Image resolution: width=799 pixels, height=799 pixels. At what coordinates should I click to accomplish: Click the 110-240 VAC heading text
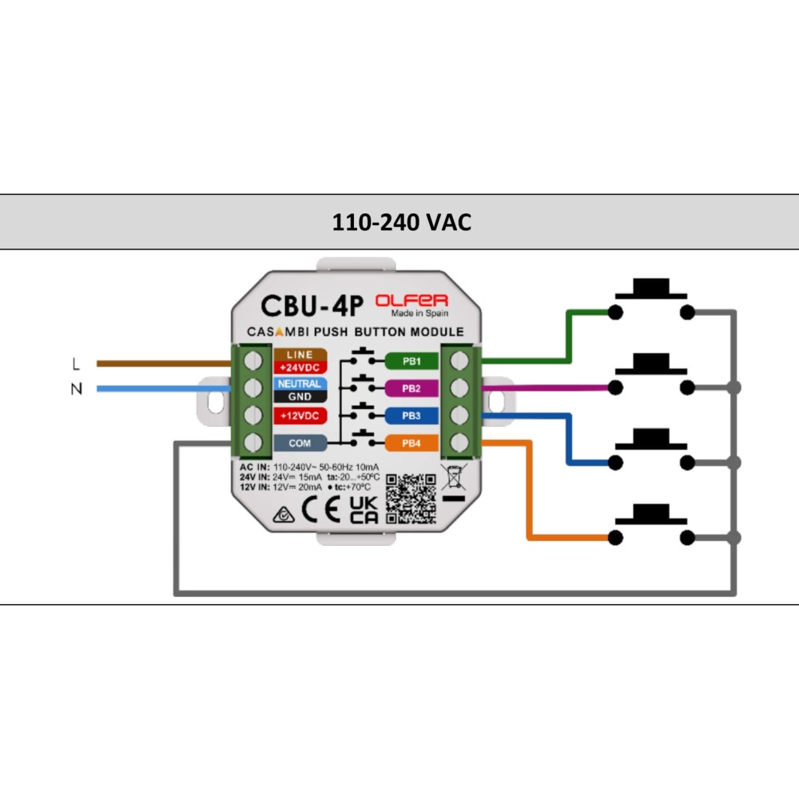coord(401,222)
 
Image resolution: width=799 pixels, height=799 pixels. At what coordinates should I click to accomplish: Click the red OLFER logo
coord(411,300)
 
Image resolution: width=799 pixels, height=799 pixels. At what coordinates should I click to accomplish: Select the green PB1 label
coord(411,360)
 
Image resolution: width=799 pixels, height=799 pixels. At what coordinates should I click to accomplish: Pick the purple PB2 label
coord(411,388)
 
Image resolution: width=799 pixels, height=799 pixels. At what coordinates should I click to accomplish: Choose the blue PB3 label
coord(411,415)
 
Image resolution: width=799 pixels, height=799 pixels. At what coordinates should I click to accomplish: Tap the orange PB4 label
coord(411,443)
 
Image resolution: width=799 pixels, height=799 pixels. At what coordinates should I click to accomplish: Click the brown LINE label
coord(300,354)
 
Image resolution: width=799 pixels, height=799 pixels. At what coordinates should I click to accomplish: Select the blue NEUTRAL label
coord(300,384)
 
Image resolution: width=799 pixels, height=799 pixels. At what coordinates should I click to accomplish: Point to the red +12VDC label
coord(300,415)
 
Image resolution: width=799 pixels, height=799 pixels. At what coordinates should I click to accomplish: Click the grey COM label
coord(300,443)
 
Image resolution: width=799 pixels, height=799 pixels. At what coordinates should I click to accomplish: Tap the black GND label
coord(300,396)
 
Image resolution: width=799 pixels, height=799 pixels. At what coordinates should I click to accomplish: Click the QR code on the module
coord(411,499)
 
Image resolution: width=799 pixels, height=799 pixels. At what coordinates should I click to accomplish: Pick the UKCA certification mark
coord(364,509)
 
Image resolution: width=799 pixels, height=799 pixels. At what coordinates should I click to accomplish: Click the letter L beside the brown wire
coord(76,364)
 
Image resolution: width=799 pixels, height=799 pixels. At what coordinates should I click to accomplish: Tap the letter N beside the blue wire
coord(76,390)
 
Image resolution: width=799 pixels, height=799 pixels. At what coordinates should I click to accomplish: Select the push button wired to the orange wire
coord(650,523)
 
